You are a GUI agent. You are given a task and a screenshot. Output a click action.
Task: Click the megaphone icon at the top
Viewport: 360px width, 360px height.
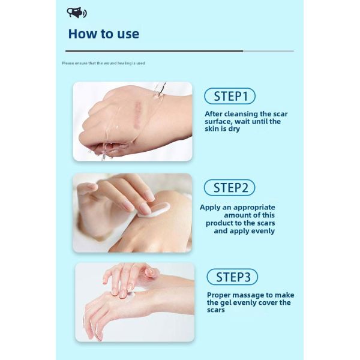pyautogui.click(x=77, y=13)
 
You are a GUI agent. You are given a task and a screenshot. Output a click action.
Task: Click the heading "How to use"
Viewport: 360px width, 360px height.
pyautogui.click(x=103, y=34)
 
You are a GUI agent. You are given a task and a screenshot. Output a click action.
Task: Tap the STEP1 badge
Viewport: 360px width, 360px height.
pyautogui.click(x=230, y=96)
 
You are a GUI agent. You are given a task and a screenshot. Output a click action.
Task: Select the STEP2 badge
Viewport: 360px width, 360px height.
pyautogui.click(x=230, y=188)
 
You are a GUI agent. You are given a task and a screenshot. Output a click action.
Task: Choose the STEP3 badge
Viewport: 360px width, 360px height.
pyautogui.click(x=232, y=277)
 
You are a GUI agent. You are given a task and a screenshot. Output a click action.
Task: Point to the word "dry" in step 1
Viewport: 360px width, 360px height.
pyautogui.click(x=234, y=129)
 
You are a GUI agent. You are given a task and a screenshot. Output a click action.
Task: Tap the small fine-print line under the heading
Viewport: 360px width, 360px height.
pyautogui.click(x=103, y=63)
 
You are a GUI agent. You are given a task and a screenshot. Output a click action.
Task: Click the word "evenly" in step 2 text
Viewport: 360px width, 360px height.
pyautogui.click(x=261, y=230)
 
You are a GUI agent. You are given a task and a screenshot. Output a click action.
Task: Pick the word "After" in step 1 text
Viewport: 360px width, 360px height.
pyautogui.click(x=215, y=113)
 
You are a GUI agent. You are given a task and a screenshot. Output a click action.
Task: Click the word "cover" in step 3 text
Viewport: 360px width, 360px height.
pyautogui.click(x=259, y=302)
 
